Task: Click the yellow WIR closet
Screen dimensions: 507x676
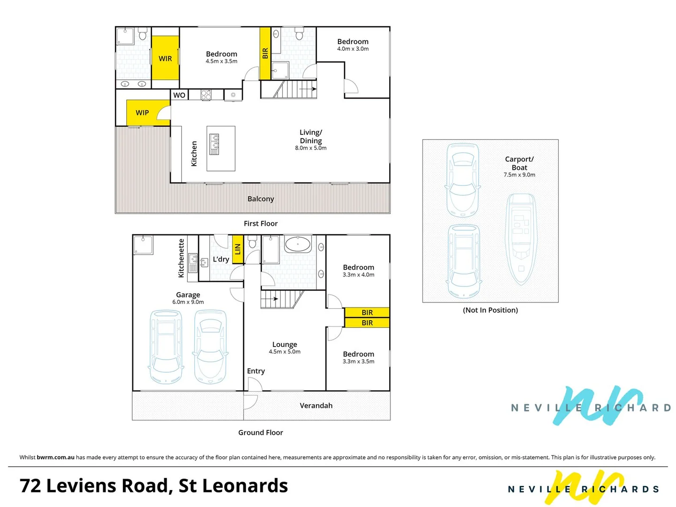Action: click(x=165, y=58)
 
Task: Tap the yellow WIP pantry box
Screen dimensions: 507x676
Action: click(x=142, y=113)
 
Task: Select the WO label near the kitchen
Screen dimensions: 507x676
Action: click(x=179, y=95)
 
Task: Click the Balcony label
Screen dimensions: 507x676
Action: click(x=261, y=199)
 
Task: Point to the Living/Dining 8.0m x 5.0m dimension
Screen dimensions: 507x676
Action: click(x=311, y=148)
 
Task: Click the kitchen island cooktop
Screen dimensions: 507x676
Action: click(x=215, y=144)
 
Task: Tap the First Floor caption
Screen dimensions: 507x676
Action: click(x=261, y=223)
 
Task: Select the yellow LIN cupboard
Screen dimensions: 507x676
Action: click(x=238, y=249)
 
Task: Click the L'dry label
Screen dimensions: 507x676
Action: click(x=221, y=259)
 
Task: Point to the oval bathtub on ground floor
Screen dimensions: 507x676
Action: click(x=298, y=245)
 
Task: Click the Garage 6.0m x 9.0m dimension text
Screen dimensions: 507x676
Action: click(x=188, y=302)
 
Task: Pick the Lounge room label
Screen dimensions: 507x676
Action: click(x=284, y=345)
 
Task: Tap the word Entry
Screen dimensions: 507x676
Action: click(x=256, y=371)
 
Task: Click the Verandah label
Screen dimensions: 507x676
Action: click(x=316, y=406)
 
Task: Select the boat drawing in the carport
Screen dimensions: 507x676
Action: click(x=520, y=239)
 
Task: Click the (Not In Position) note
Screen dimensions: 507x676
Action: click(x=490, y=310)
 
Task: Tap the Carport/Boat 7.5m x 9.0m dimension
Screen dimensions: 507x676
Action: click(x=519, y=175)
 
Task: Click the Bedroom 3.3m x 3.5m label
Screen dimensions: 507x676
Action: click(x=359, y=357)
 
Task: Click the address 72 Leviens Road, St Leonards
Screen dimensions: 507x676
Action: click(x=154, y=486)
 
